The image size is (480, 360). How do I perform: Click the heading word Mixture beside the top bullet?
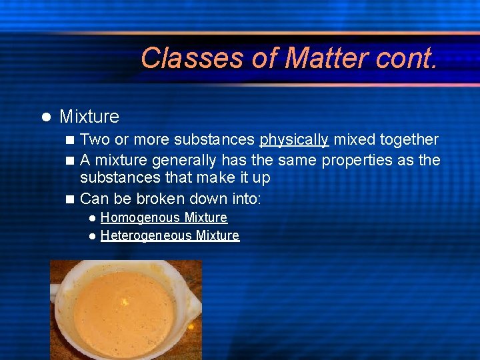click(x=89, y=117)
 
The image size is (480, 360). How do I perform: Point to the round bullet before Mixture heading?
click(x=46, y=117)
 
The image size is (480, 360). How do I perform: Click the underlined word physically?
click(x=294, y=140)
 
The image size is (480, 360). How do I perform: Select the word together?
click(x=405, y=140)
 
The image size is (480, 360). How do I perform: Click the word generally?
click(x=184, y=161)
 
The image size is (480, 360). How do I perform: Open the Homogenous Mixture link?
click(x=163, y=218)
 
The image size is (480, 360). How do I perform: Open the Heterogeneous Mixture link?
click(x=169, y=235)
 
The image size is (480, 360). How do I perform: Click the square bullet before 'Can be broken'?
click(x=71, y=199)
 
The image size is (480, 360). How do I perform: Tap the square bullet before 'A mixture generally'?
click(x=71, y=161)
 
